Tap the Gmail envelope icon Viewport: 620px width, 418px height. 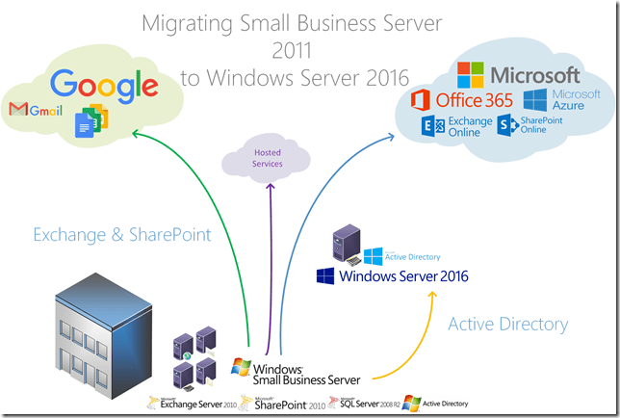pos(18,109)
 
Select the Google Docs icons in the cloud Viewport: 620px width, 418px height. pos(92,118)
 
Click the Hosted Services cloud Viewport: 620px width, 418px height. pos(268,159)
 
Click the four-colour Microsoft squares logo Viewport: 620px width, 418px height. pos(471,73)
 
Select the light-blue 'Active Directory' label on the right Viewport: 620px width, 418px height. pos(507,325)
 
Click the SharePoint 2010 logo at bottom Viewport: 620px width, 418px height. pos(283,404)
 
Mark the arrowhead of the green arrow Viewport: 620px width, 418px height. pos(135,133)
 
